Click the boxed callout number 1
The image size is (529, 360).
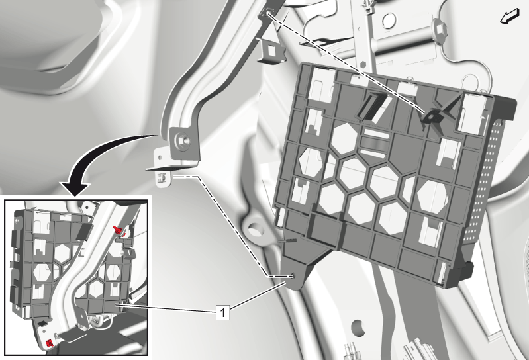222,312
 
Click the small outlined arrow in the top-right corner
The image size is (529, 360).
509,17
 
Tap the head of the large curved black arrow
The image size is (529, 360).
75,189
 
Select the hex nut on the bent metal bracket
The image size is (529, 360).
181,139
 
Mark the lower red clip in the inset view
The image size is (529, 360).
50,343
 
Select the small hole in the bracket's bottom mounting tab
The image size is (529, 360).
294,276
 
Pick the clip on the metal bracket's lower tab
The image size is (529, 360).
162,177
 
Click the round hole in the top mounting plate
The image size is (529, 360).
389,21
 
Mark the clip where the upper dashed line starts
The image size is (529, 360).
267,13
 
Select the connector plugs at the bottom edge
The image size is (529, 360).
351,351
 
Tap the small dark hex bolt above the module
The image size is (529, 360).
363,64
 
